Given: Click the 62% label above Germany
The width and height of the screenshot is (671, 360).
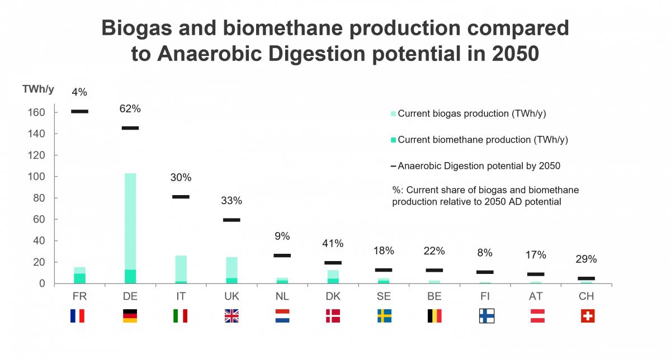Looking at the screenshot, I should tap(130, 108).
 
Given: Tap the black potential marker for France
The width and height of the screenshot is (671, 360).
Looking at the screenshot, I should tap(79, 111).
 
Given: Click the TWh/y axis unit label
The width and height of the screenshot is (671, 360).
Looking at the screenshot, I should tap(39, 89).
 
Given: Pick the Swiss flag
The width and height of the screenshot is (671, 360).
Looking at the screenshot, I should tap(588, 316).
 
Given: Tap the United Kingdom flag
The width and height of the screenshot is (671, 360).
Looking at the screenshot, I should tap(231, 316).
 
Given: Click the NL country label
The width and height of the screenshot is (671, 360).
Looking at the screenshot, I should tap(282, 295).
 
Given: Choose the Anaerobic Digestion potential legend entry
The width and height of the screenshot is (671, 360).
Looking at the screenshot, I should tap(479, 165).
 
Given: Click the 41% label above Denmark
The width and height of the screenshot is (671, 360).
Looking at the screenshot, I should tap(333, 244).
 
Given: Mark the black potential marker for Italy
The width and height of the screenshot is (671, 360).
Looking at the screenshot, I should tap(181, 197).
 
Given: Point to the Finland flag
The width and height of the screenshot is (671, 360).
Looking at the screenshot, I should tap(486, 316).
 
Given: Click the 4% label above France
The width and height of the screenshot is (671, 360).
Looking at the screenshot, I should tap(79, 92).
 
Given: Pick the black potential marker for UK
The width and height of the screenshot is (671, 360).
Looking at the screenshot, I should tap(231, 220).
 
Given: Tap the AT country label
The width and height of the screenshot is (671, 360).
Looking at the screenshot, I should tap(536, 295).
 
